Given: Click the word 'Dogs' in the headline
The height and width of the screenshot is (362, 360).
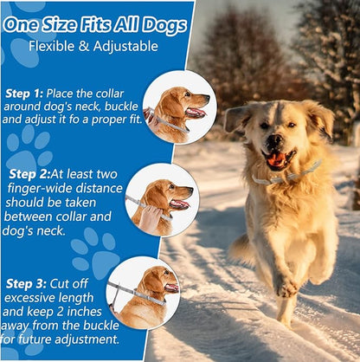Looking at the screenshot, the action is coord(165,26).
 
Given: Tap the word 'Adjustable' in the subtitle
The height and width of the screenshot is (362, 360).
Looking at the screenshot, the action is coord(125,47).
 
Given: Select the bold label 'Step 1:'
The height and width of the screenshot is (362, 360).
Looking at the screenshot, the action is coord(24,94).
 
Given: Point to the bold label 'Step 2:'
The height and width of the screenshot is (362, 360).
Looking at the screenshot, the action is coord(29,174).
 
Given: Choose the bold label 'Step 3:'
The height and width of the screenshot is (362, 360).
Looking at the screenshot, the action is coord(26,284).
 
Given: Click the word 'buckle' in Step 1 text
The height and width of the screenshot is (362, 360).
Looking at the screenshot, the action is coord(121,107).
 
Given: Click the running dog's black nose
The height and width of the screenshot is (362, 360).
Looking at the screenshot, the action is coord(273,140).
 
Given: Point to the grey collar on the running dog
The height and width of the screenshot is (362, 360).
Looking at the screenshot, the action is coord(286,174).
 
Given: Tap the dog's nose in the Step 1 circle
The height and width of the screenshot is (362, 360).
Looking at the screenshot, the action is coord(207,98).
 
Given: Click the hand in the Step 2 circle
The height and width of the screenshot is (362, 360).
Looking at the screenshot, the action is coord(151,218).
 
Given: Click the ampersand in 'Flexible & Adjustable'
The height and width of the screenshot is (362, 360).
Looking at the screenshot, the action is coord(83,47).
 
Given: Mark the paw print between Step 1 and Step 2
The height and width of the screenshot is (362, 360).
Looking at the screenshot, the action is coord(29,149).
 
